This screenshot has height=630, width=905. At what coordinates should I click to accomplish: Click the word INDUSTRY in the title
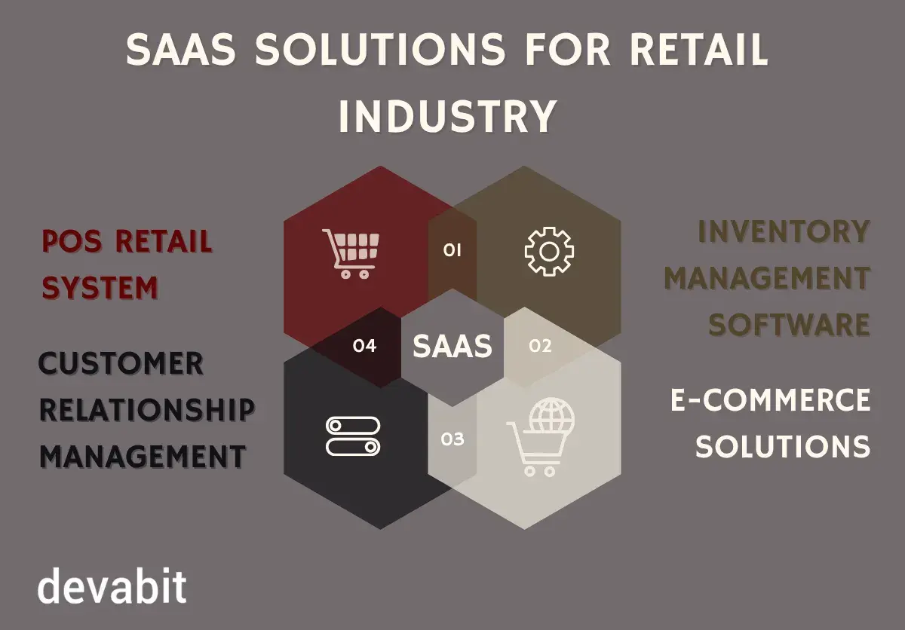446,117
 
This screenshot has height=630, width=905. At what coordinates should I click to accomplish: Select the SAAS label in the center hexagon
452,347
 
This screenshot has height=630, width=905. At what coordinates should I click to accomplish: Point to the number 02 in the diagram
540,347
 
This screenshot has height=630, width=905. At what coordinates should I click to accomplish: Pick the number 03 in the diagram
452,439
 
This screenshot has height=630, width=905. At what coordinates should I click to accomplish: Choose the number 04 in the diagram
364,347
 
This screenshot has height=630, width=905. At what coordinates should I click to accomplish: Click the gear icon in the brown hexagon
549,251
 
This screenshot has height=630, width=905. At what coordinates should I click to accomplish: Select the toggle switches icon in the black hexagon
353,436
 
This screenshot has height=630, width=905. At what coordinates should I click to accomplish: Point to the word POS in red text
71,242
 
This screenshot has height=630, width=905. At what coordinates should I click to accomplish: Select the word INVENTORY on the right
784,232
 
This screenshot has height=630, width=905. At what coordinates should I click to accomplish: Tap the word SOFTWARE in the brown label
790,325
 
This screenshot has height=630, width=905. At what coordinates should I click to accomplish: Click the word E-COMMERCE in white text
771,400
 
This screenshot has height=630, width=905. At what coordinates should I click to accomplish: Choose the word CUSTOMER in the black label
121,364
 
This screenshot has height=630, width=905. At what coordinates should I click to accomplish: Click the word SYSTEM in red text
100,288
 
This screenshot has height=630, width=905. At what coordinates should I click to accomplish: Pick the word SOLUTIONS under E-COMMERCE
783,446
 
